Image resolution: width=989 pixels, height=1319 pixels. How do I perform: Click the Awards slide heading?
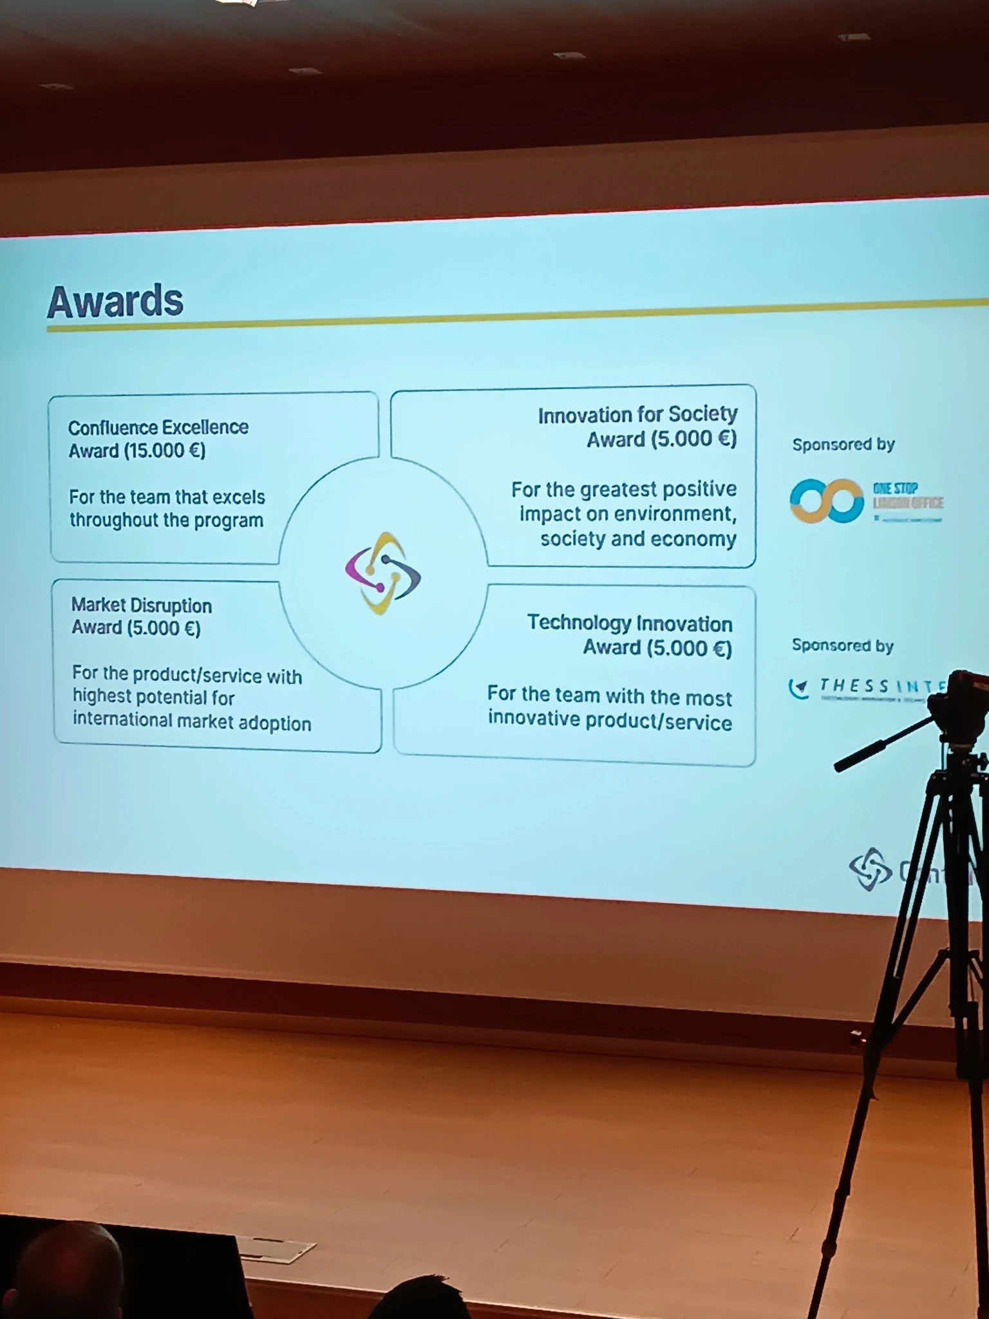pos(115,301)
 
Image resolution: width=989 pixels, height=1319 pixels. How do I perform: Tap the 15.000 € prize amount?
pos(164,451)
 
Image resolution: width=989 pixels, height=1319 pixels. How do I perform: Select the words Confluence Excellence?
pos(158,427)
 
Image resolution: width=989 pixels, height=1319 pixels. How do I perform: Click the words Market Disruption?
pos(141,605)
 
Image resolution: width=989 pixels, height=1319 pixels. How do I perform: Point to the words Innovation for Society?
pos(637,415)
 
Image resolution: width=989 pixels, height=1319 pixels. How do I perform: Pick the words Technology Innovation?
pos(629,623)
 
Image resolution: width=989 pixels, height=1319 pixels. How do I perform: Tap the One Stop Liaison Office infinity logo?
pos(827,500)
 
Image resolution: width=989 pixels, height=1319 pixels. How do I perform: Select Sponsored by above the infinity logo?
pos(843,444)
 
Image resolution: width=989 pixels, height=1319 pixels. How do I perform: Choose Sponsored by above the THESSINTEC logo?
pos(842,645)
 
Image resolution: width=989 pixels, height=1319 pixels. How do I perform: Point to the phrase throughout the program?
pos(166,520)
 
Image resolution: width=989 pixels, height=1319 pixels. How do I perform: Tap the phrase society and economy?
pos(637,538)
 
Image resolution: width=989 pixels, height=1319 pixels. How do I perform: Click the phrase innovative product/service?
pos(609,720)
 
